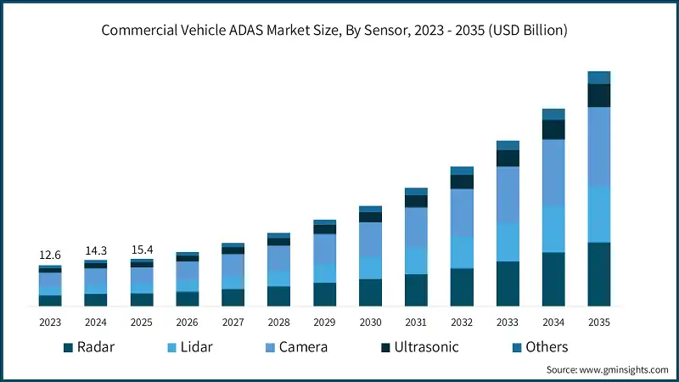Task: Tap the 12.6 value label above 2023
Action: [x=50, y=256]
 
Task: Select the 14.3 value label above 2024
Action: [x=96, y=250]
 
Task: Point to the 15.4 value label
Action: [x=142, y=250]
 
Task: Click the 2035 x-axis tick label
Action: [x=599, y=323]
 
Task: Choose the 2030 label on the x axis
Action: [x=370, y=323]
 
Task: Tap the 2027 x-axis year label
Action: [x=233, y=323]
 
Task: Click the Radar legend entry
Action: [x=89, y=347]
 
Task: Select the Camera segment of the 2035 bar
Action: [x=599, y=146]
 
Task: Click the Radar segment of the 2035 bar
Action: [x=599, y=273]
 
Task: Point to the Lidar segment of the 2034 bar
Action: [x=553, y=229]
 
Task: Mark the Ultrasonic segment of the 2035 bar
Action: [x=599, y=95]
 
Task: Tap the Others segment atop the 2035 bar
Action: [x=599, y=77]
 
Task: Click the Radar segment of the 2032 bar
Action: [x=462, y=287]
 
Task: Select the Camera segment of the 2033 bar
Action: [x=508, y=194]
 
